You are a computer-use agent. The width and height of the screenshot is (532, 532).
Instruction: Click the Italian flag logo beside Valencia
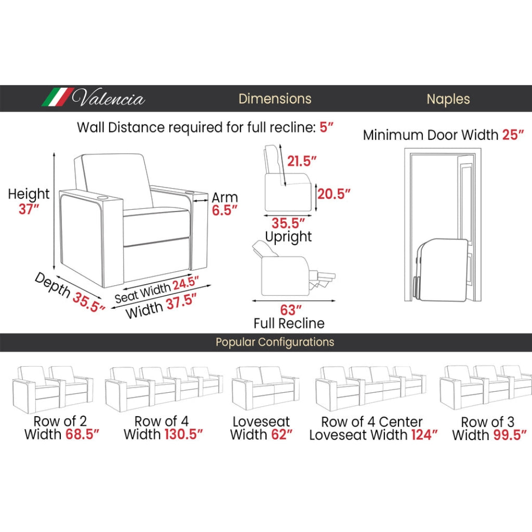coord(58,97)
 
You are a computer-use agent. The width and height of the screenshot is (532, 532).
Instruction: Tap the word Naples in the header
coord(448,99)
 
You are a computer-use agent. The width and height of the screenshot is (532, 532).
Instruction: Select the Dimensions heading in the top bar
coord(275,99)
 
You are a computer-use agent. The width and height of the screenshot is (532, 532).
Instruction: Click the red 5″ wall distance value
coord(326,127)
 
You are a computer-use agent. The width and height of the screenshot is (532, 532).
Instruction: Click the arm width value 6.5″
coord(224,210)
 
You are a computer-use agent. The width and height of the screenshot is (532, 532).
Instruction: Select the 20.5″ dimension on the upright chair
coord(334,193)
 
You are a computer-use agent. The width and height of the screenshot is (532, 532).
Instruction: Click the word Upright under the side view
coord(288,237)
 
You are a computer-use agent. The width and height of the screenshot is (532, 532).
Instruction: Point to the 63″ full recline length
coord(291,310)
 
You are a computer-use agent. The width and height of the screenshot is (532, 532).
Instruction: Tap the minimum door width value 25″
coord(513,135)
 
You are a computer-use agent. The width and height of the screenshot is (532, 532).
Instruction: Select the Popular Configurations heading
coord(275,342)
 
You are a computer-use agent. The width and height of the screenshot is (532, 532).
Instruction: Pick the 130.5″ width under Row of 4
coord(183,434)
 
